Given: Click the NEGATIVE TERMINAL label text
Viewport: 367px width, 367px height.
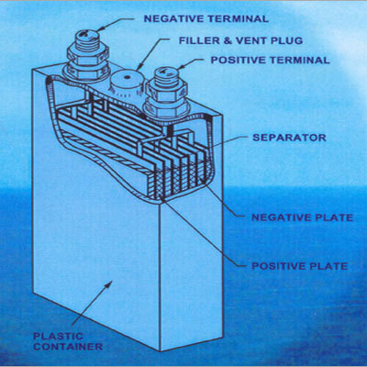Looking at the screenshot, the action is pyautogui.click(x=206, y=18).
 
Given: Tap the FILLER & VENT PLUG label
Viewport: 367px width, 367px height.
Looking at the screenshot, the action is pyautogui.click(x=240, y=40).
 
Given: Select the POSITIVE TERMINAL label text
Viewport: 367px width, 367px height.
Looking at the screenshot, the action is pyautogui.click(x=271, y=60).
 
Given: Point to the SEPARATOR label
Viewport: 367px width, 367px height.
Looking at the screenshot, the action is pyautogui.click(x=289, y=138).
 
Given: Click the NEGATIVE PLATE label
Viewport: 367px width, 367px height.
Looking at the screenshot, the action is pyautogui.click(x=302, y=217).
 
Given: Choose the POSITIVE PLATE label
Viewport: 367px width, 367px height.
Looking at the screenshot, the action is pyautogui.click(x=300, y=266).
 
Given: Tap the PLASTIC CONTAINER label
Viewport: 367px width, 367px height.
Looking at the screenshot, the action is pyautogui.click(x=68, y=341).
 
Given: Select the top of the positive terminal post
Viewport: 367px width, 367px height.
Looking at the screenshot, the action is pyautogui.click(x=166, y=72).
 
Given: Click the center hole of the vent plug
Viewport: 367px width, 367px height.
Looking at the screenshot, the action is pyautogui.click(x=126, y=77).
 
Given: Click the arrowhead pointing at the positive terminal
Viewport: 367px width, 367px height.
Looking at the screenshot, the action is pyautogui.click(x=180, y=67).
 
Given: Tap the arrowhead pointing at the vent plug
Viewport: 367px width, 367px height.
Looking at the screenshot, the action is pyautogui.click(x=139, y=66).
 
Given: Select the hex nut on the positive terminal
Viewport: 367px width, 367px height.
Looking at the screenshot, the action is pyautogui.click(x=167, y=91).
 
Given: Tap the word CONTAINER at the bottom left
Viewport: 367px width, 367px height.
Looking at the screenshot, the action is pyautogui.click(x=68, y=347).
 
